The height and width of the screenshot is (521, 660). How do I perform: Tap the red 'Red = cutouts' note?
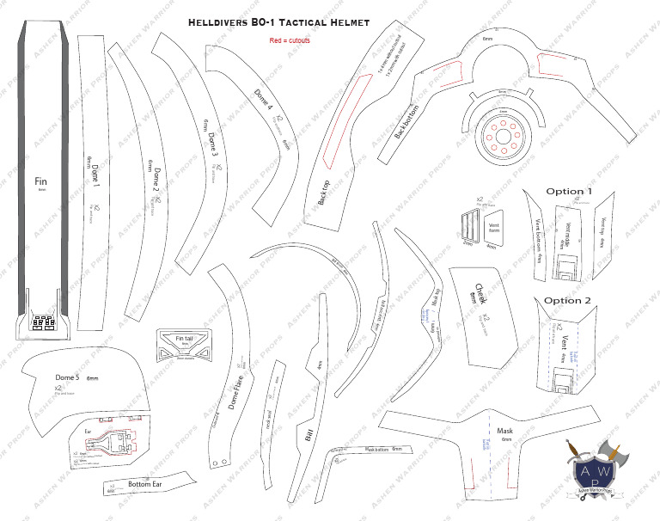click(289, 40)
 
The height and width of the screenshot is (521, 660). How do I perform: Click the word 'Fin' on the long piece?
click(40, 182)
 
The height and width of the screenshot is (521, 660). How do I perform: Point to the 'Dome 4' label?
click(263, 101)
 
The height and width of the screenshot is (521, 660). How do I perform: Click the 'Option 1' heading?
click(569, 191)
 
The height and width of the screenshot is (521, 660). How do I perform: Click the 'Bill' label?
click(309, 432)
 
